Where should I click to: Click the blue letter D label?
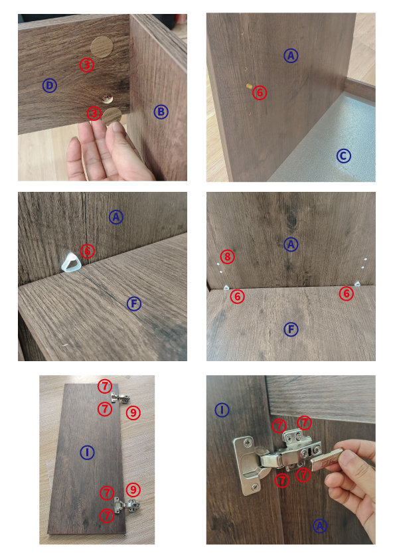(50, 86)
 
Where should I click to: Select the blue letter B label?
(161, 112)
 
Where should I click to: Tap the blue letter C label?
(344, 156)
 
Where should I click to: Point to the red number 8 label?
(228, 256)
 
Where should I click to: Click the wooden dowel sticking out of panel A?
(249, 86)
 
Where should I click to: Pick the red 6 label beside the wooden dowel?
(260, 93)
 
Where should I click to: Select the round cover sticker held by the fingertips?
(112, 117)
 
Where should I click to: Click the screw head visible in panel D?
(106, 99)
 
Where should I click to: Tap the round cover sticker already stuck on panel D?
(102, 46)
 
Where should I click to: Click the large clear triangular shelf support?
(70, 262)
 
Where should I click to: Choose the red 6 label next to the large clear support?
(88, 251)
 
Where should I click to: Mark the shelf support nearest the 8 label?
(226, 287)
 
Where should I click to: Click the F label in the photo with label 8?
(291, 329)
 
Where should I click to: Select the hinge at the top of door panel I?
(120, 398)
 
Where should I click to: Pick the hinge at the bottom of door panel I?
(127, 505)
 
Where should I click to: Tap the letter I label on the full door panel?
(87, 452)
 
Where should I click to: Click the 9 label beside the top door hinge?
(133, 412)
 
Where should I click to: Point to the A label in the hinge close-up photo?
(320, 526)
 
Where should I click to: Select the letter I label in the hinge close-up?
(222, 410)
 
